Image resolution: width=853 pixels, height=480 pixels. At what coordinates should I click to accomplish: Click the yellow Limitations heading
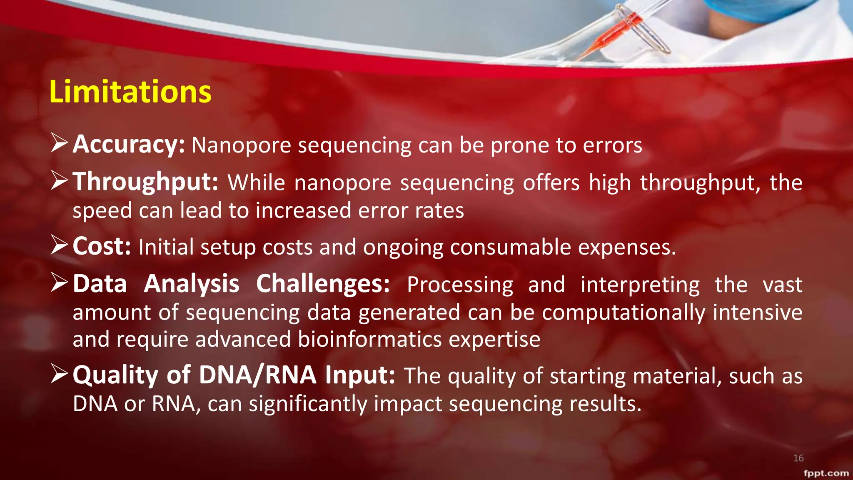coord(130,92)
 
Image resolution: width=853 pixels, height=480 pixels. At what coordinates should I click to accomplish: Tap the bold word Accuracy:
coord(129,145)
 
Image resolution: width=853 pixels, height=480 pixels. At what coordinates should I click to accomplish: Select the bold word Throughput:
coord(145,182)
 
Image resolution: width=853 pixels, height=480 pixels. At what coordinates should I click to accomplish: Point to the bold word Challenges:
coord(323,284)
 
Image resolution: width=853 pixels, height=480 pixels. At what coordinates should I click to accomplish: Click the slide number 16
coord(798,458)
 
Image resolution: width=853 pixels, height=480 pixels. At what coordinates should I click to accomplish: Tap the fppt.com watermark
coord(826,473)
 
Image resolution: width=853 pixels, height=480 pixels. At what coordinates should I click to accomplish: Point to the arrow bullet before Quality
coord(59,374)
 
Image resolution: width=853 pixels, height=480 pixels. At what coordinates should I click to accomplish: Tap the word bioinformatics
coord(370,339)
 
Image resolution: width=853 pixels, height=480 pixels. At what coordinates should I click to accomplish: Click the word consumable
coord(510,247)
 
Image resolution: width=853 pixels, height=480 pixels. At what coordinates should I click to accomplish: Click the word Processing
coord(460,285)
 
